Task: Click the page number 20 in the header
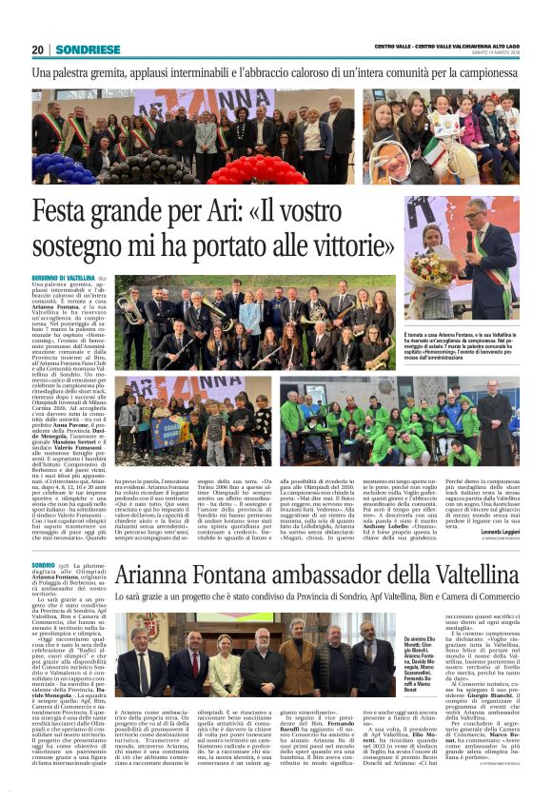point(38,49)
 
